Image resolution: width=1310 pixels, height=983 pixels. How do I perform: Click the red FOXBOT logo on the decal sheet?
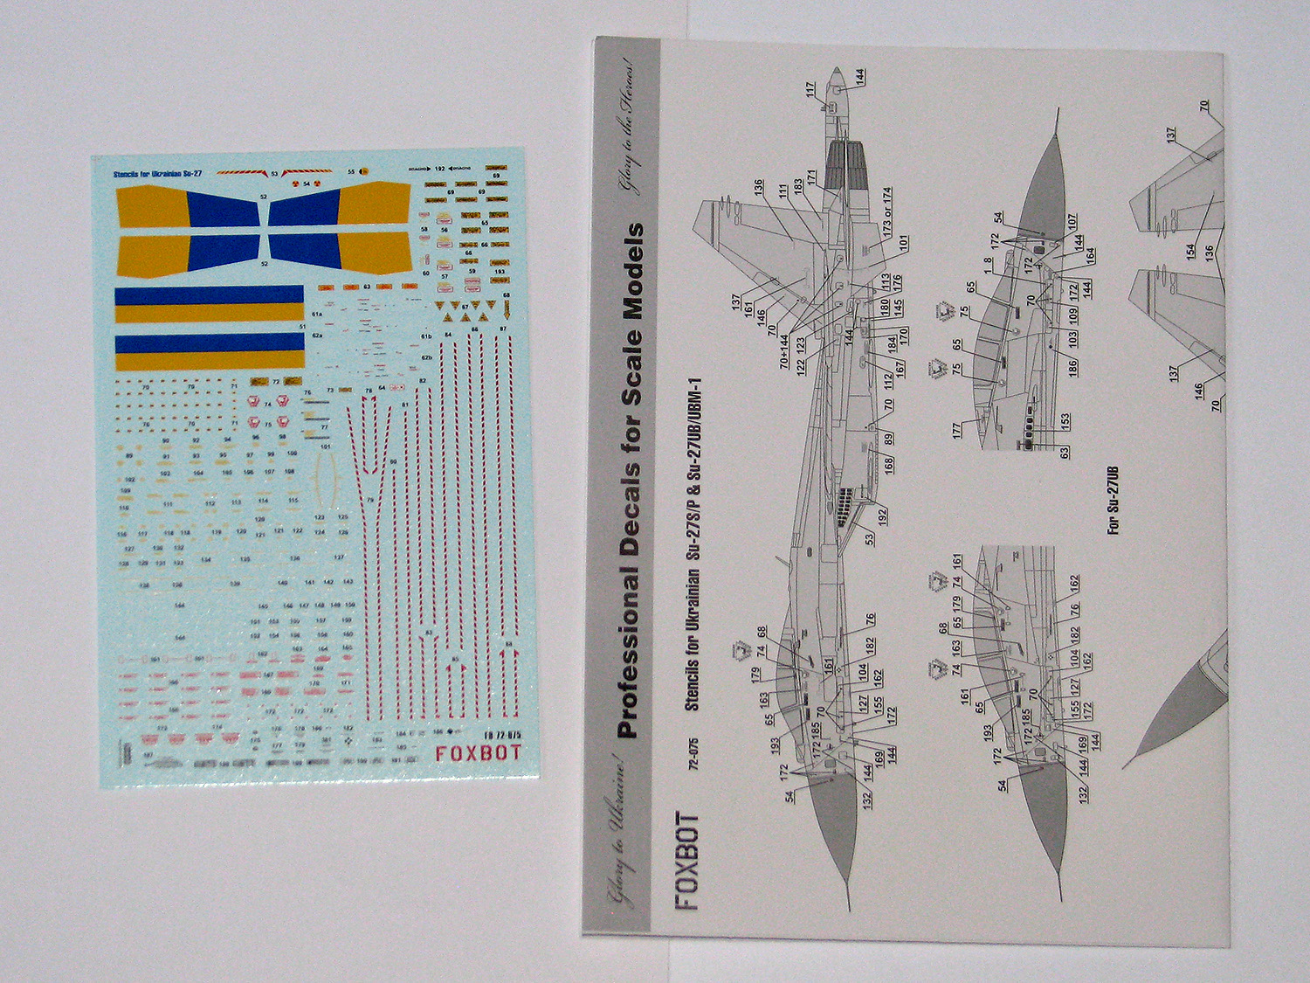[478, 753]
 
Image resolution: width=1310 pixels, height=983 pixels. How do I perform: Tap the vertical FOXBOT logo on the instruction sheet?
[687, 862]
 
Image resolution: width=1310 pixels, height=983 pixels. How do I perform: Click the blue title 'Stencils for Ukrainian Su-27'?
[157, 175]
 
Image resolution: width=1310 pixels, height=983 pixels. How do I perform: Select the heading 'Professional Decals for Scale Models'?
[631, 481]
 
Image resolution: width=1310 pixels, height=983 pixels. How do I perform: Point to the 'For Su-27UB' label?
[1113, 501]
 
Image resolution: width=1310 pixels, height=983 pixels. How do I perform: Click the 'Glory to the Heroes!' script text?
[633, 128]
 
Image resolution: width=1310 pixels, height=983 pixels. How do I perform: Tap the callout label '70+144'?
[784, 350]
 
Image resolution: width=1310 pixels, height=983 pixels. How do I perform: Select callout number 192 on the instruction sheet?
[882, 516]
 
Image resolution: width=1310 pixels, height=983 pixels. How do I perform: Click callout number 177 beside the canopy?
[957, 429]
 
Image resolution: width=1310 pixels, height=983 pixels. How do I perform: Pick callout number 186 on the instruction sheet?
[1072, 366]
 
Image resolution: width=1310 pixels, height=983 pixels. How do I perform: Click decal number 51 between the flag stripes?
[303, 327]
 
